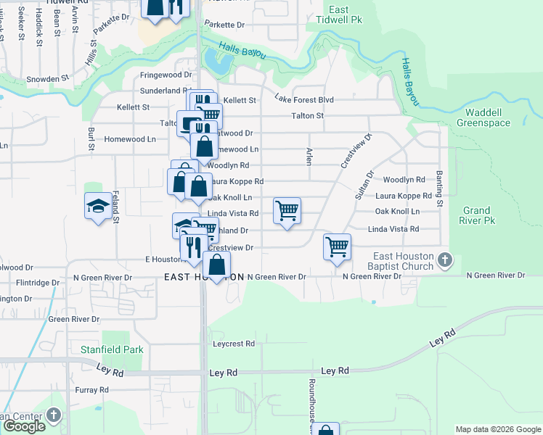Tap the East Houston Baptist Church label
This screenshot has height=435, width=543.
pos(404,261)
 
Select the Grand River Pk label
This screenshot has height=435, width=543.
pos(478,215)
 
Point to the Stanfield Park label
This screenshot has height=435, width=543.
pos(113,349)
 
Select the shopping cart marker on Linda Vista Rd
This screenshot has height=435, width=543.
pos(287,211)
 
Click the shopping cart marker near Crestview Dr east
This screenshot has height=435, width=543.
pos(337,246)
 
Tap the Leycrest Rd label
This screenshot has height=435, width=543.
pos(234,344)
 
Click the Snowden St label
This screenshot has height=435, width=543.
pos(47,78)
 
